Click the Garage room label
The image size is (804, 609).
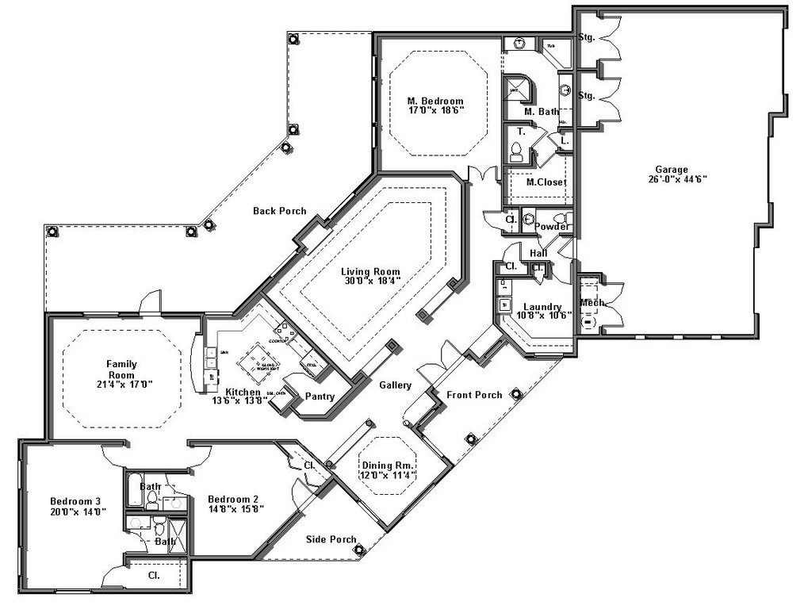(x=671, y=169)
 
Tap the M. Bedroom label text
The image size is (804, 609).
(x=435, y=101)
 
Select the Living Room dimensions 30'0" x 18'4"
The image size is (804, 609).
(x=372, y=281)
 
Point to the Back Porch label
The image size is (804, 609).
(x=279, y=211)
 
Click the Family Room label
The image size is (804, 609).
(x=122, y=369)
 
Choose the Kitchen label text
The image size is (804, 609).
(x=243, y=392)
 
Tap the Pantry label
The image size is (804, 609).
(x=319, y=396)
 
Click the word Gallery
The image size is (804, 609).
(x=395, y=385)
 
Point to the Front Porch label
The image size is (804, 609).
(x=474, y=395)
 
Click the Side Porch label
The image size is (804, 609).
(x=331, y=539)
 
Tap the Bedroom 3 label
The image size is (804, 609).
(x=75, y=501)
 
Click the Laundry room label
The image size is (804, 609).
(x=542, y=307)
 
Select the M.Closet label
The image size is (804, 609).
(x=547, y=182)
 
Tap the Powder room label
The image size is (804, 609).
(x=551, y=227)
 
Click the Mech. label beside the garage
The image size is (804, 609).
(x=592, y=302)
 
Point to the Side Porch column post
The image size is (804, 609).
(x=358, y=549)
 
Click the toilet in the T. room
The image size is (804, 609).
(x=516, y=151)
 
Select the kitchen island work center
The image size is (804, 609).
(x=258, y=357)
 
